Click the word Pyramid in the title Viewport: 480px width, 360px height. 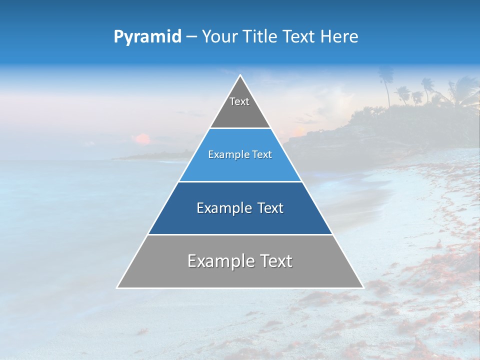pyautogui.click(x=147, y=37)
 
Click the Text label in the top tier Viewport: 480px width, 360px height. pyautogui.click(x=239, y=101)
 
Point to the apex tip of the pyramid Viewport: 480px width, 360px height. pyautogui.click(x=240, y=75)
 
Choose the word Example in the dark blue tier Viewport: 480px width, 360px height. pyautogui.click(x=224, y=208)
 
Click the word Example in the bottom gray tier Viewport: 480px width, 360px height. pyautogui.click(x=218, y=261)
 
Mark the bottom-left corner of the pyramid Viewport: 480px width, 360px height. pyautogui.click(x=117, y=287)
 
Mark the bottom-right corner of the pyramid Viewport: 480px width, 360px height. pyautogui.click(x=363, y=287)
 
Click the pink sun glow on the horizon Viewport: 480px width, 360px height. pyautogui.click(x=143, y=138)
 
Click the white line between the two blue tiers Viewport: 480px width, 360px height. pyautogui.click(x=240, y=181)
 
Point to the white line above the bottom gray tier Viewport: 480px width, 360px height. pyautogui.click(x=240, y=234)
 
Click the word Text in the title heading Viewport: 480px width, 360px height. pyautogui.click(x=299, y=37)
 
